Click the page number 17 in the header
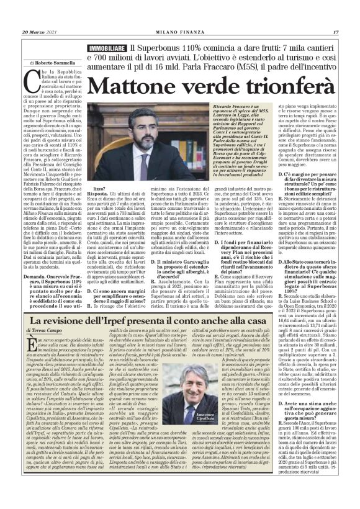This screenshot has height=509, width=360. [x=335, y=32]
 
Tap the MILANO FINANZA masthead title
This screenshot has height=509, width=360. [x=179, y=32]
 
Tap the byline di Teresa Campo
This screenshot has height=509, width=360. [x=45, y=332]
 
